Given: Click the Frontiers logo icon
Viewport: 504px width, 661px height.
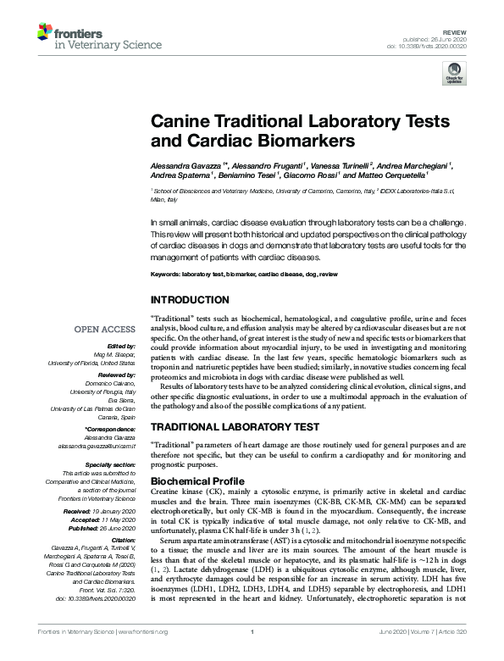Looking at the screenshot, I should click(x=46, y=33).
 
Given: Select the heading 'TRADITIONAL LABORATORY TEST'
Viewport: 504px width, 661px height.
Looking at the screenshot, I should click(x=235, y=429).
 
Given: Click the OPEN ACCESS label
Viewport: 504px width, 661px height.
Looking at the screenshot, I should click(x=103, y=329).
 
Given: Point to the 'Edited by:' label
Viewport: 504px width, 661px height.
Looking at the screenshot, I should click(x=121, y=346).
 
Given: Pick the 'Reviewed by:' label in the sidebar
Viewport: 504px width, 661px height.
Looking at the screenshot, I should click(x=115, y=372).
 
